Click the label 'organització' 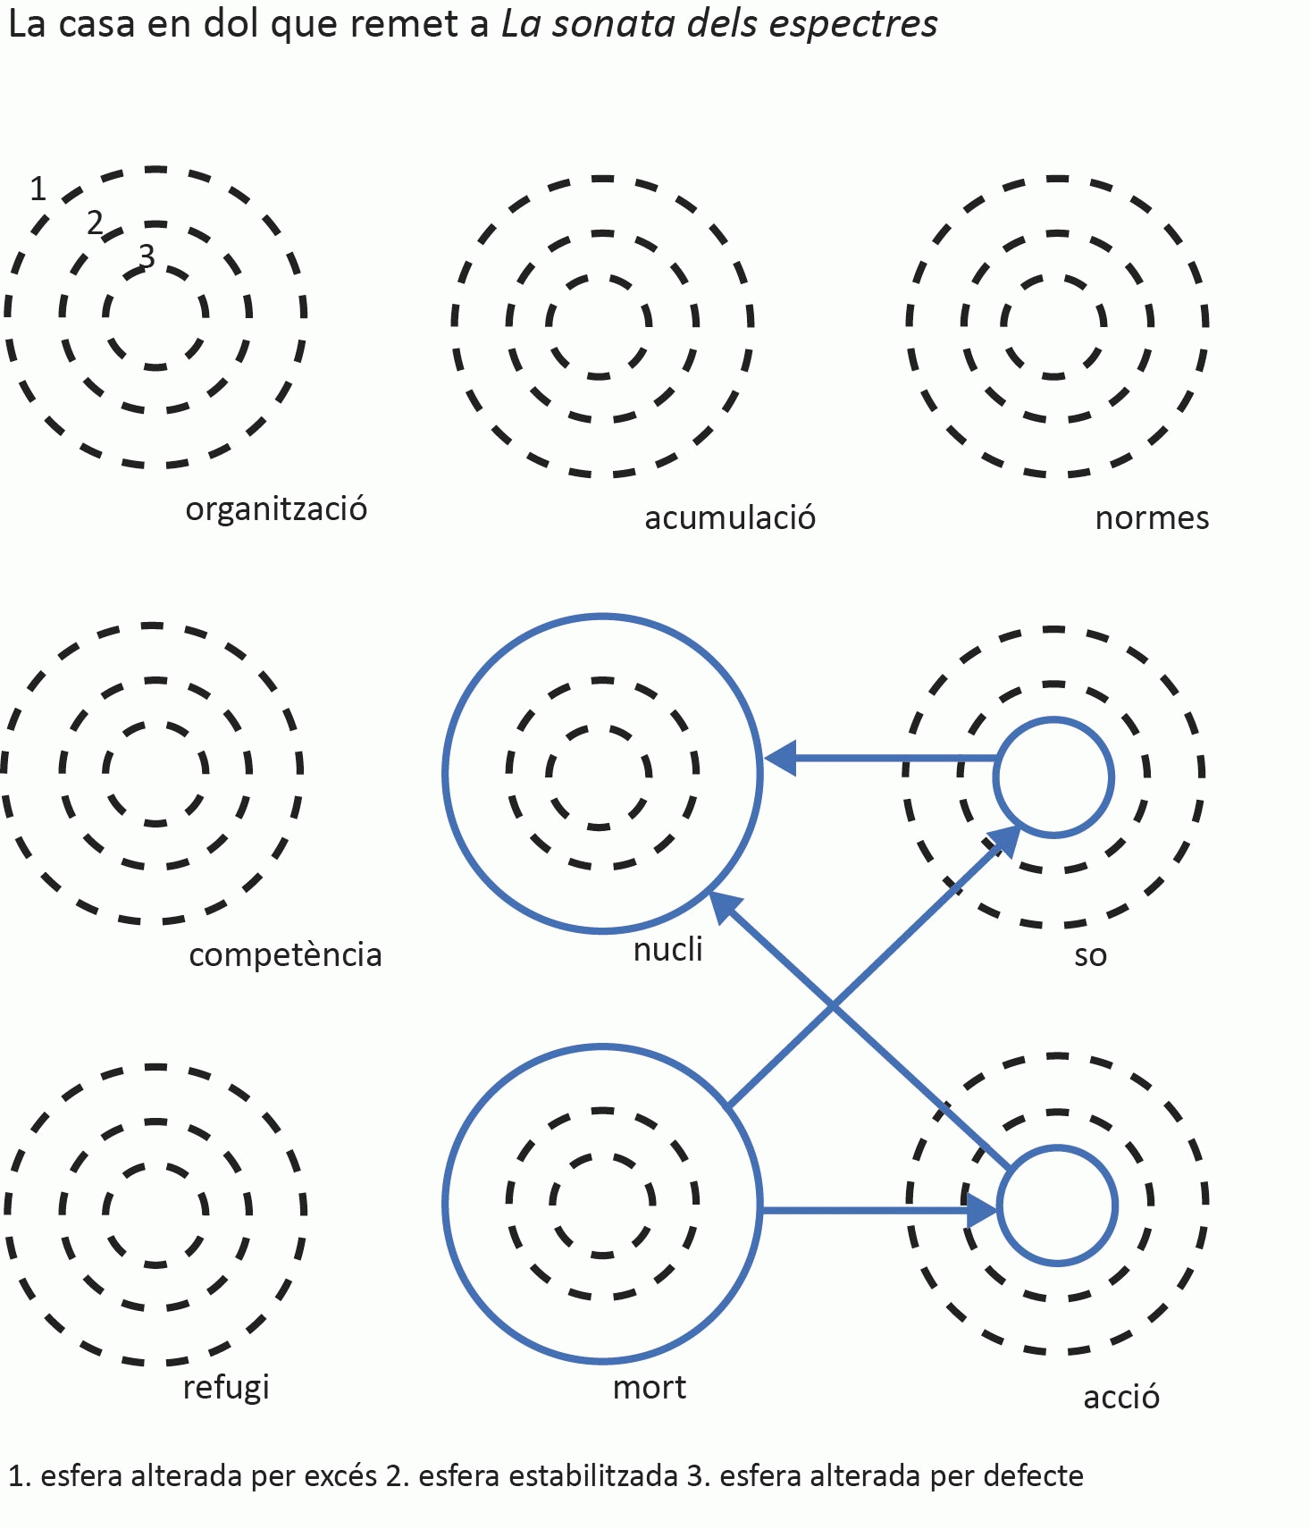point(276,509)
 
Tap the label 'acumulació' point(730,518)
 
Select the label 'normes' point(1152,518)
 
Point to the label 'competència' point(285,955)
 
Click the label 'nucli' point(667,949)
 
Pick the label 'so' point(1090,955)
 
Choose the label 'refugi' point(226,1388)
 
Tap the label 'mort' point(650,1388)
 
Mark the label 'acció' point(1121,1397)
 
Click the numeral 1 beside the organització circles point(38,189)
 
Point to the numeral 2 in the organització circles point(95,223)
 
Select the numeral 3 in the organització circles point(147,256)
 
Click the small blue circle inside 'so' point(1053,777)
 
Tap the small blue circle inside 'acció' point(1057,1206)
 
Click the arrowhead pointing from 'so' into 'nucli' point(781,759)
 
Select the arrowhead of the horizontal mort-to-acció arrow point(981,1210)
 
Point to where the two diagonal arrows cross point(833,1007)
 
